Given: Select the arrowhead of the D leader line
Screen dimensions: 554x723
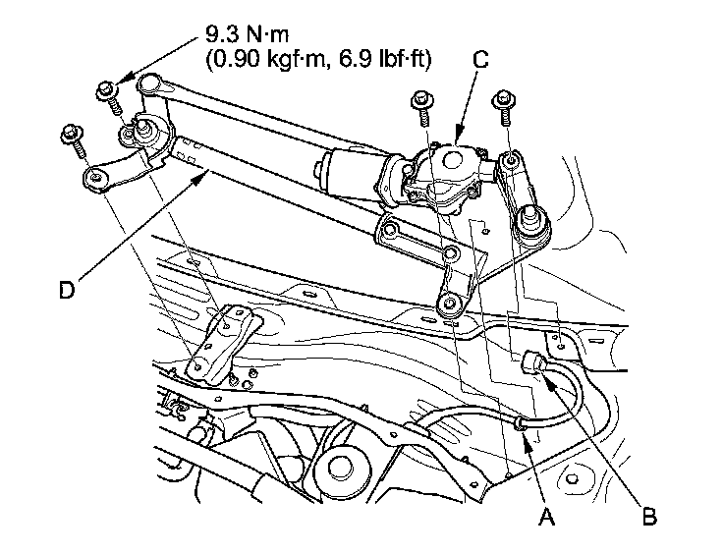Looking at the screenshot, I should click(x=207, y=172).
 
